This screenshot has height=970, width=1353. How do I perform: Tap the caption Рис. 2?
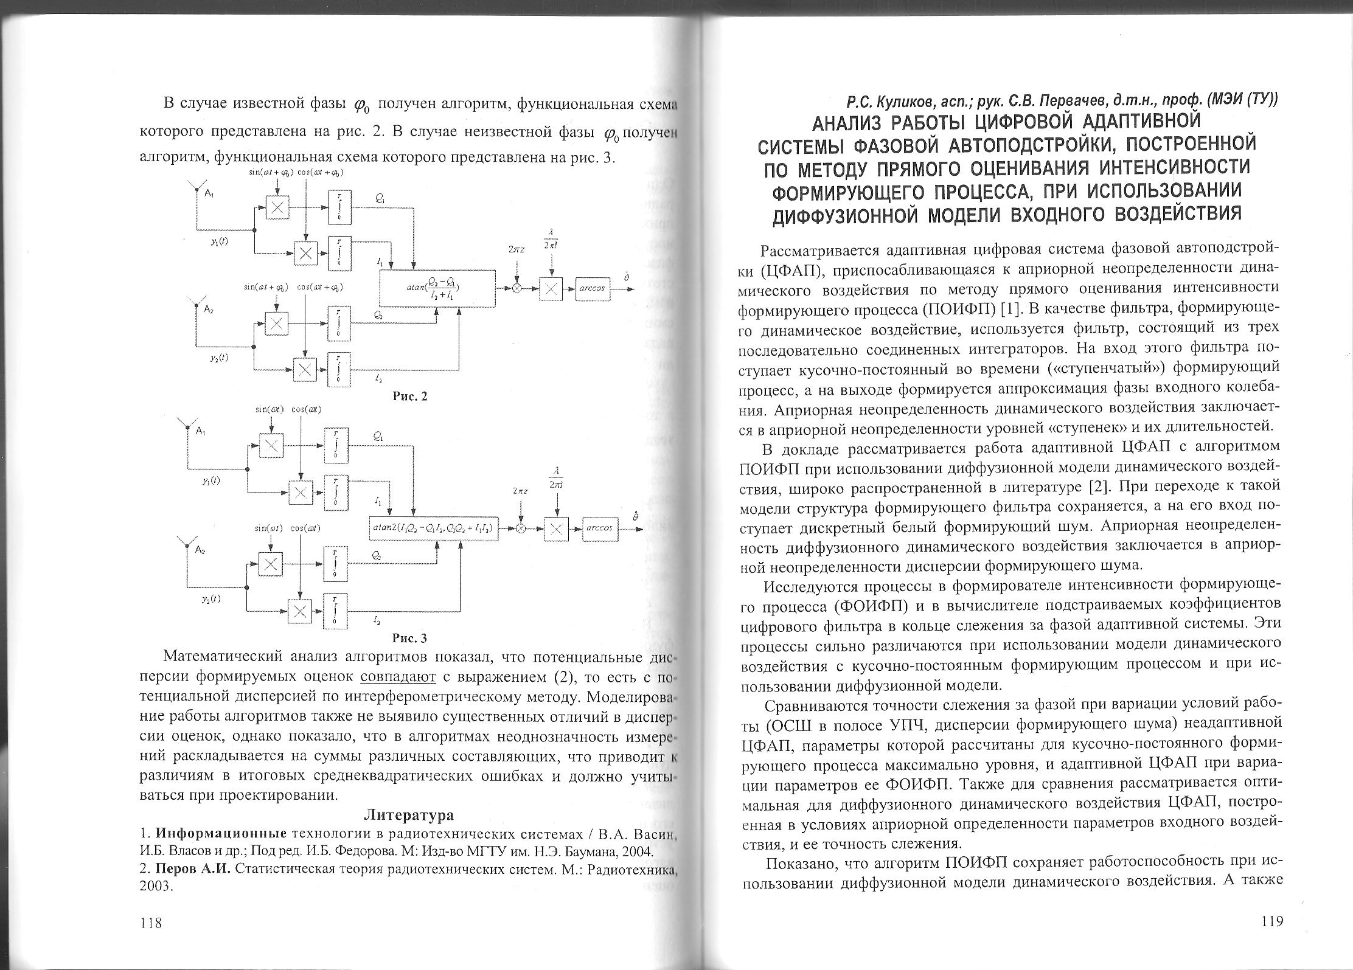click(410, 397)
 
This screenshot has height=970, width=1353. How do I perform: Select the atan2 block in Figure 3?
click(434, 528)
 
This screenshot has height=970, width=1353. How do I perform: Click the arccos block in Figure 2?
click(591, 288)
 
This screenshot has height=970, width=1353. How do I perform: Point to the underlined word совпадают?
click(398, 676)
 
